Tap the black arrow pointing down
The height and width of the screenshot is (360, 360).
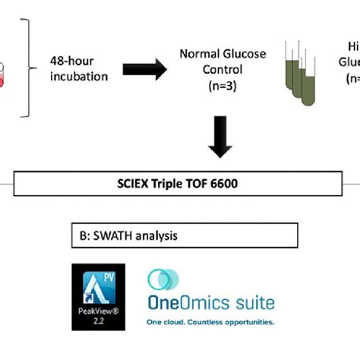coord(220,137)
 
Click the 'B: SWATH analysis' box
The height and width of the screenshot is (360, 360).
coord(182,236)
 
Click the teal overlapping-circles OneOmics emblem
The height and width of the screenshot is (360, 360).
coord(161,280)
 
